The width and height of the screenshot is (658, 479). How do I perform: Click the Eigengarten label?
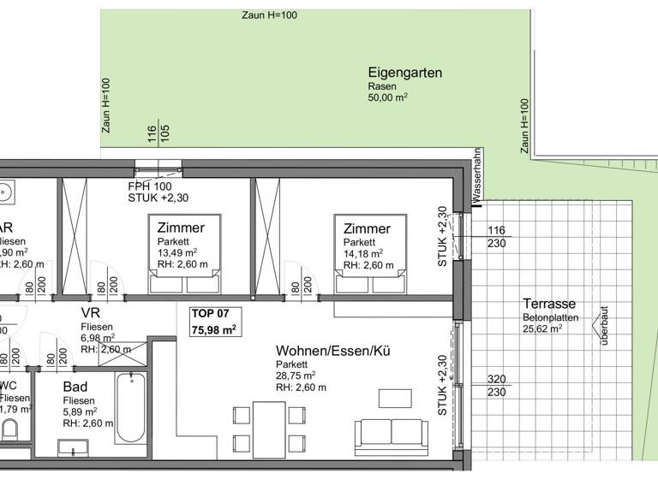tap(404, 73)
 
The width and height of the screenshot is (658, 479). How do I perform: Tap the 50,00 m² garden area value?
tap(387, 98)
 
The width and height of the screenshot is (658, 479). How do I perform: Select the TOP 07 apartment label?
tap(211, 314)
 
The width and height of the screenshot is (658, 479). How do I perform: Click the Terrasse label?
tap(548, 304)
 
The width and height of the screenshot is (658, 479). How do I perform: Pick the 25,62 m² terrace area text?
tap(542, 328)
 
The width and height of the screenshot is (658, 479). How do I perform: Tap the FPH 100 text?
tap(150, 186)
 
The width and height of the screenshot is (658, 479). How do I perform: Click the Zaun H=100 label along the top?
tap(270, 15)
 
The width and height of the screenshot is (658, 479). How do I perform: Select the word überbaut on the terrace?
tap(604, 326)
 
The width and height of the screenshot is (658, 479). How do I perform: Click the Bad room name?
tap(75, 387)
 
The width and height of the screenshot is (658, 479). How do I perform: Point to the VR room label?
tap(91, 313)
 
